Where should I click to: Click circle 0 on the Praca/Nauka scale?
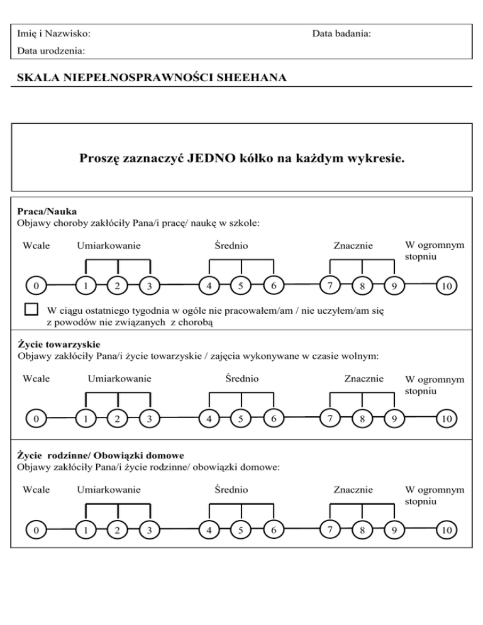(37, 286)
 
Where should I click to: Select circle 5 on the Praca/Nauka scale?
(241, 286)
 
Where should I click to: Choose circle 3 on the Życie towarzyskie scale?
(148, 418)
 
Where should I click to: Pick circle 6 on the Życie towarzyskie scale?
(272, 418)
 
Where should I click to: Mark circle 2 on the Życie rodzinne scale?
(116, 530)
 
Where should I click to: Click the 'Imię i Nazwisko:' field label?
(53, 32)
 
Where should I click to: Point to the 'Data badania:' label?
(341, 32)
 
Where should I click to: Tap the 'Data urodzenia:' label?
(51, 49)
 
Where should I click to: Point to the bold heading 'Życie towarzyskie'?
(57, 345)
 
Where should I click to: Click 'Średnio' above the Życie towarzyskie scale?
(242, 379)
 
